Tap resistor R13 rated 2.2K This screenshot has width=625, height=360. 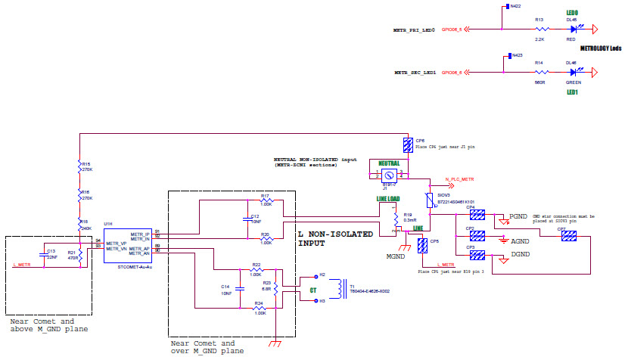(539, 29)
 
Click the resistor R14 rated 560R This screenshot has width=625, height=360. (539, 73)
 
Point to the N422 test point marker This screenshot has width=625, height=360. (515, 6)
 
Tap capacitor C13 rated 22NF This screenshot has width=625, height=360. (42, 253)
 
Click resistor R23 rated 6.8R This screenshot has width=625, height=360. (275, 288)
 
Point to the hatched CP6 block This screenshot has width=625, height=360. (409, 144)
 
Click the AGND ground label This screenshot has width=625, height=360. (521, 241)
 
